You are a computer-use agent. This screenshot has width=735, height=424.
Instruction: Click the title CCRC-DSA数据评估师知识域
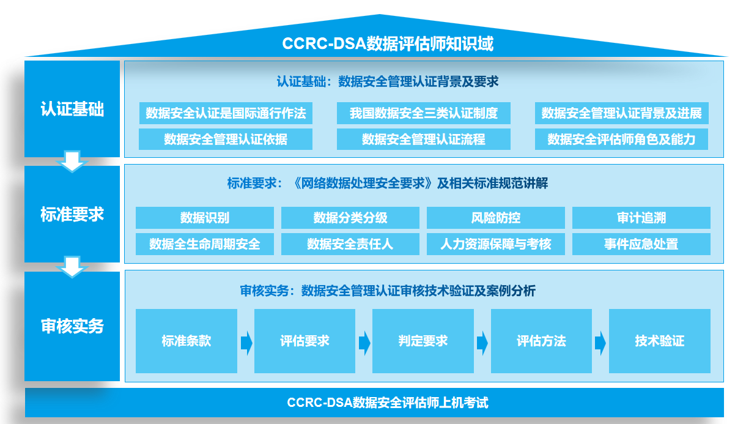coord(388,44)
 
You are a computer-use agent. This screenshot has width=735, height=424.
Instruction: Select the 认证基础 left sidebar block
coord(72,109)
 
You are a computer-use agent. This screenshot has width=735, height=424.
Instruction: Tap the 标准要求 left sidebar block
coord(72,214)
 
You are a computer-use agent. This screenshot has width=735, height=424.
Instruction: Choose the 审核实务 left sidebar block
coord(72,326)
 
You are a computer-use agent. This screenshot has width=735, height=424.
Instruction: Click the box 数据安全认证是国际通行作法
coord(226,113)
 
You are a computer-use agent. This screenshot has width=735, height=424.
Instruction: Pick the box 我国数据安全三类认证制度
coord(423,113)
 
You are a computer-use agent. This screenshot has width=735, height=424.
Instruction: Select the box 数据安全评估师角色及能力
coord(621,139)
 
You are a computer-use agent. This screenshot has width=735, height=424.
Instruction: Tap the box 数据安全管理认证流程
coord(423,139)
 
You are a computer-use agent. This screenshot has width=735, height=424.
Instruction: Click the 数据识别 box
coord(204,218)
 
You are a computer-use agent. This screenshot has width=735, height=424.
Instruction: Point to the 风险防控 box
coord(495,218)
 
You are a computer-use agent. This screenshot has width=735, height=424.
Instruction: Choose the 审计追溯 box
coord(641,218)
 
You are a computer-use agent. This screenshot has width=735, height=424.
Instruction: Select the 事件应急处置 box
coord(641,244)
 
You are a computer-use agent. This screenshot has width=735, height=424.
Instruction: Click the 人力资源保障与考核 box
coord(495,244)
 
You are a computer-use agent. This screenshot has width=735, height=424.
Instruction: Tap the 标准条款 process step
coord(186,341)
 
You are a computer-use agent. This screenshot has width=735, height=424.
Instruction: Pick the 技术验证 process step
coord(659,341)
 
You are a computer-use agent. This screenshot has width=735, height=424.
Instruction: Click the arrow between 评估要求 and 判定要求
coord(364,343)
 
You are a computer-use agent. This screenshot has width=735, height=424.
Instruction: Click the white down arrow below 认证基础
coord(72,162)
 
